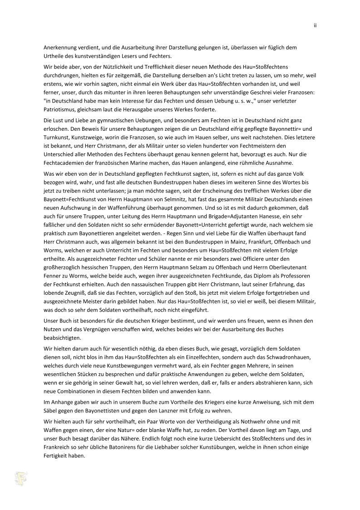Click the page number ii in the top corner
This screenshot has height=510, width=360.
tap(315, 25)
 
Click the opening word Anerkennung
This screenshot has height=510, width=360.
tap(59, 47)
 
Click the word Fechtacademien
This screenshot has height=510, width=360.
tap(65, 163)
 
